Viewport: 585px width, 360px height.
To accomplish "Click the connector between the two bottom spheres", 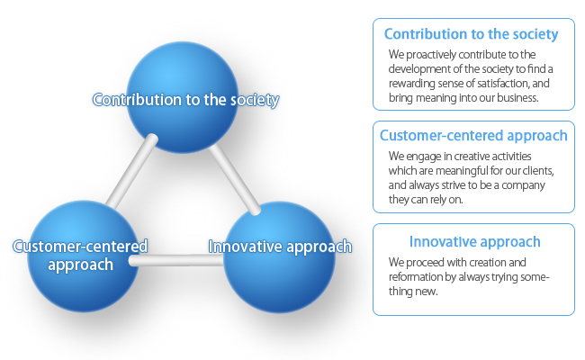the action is click(176, 260).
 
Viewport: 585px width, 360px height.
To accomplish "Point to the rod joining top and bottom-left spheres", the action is click(131, 171).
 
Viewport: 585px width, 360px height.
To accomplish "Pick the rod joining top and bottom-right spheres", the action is click(235, 180).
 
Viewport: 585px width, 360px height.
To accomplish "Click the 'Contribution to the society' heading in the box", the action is click(472, 34).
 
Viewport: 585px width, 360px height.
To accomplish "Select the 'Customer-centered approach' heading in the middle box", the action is click(473, 136).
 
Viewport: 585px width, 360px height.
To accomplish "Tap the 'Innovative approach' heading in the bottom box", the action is click(474, 242).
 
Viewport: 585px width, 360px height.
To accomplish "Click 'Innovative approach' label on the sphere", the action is click(280, 247).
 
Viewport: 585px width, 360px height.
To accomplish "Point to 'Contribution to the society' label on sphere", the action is click(185, 100).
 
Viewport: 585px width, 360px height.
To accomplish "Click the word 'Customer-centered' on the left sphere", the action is click(80, 247).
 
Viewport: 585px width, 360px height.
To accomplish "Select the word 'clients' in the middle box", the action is click(538, 171).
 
